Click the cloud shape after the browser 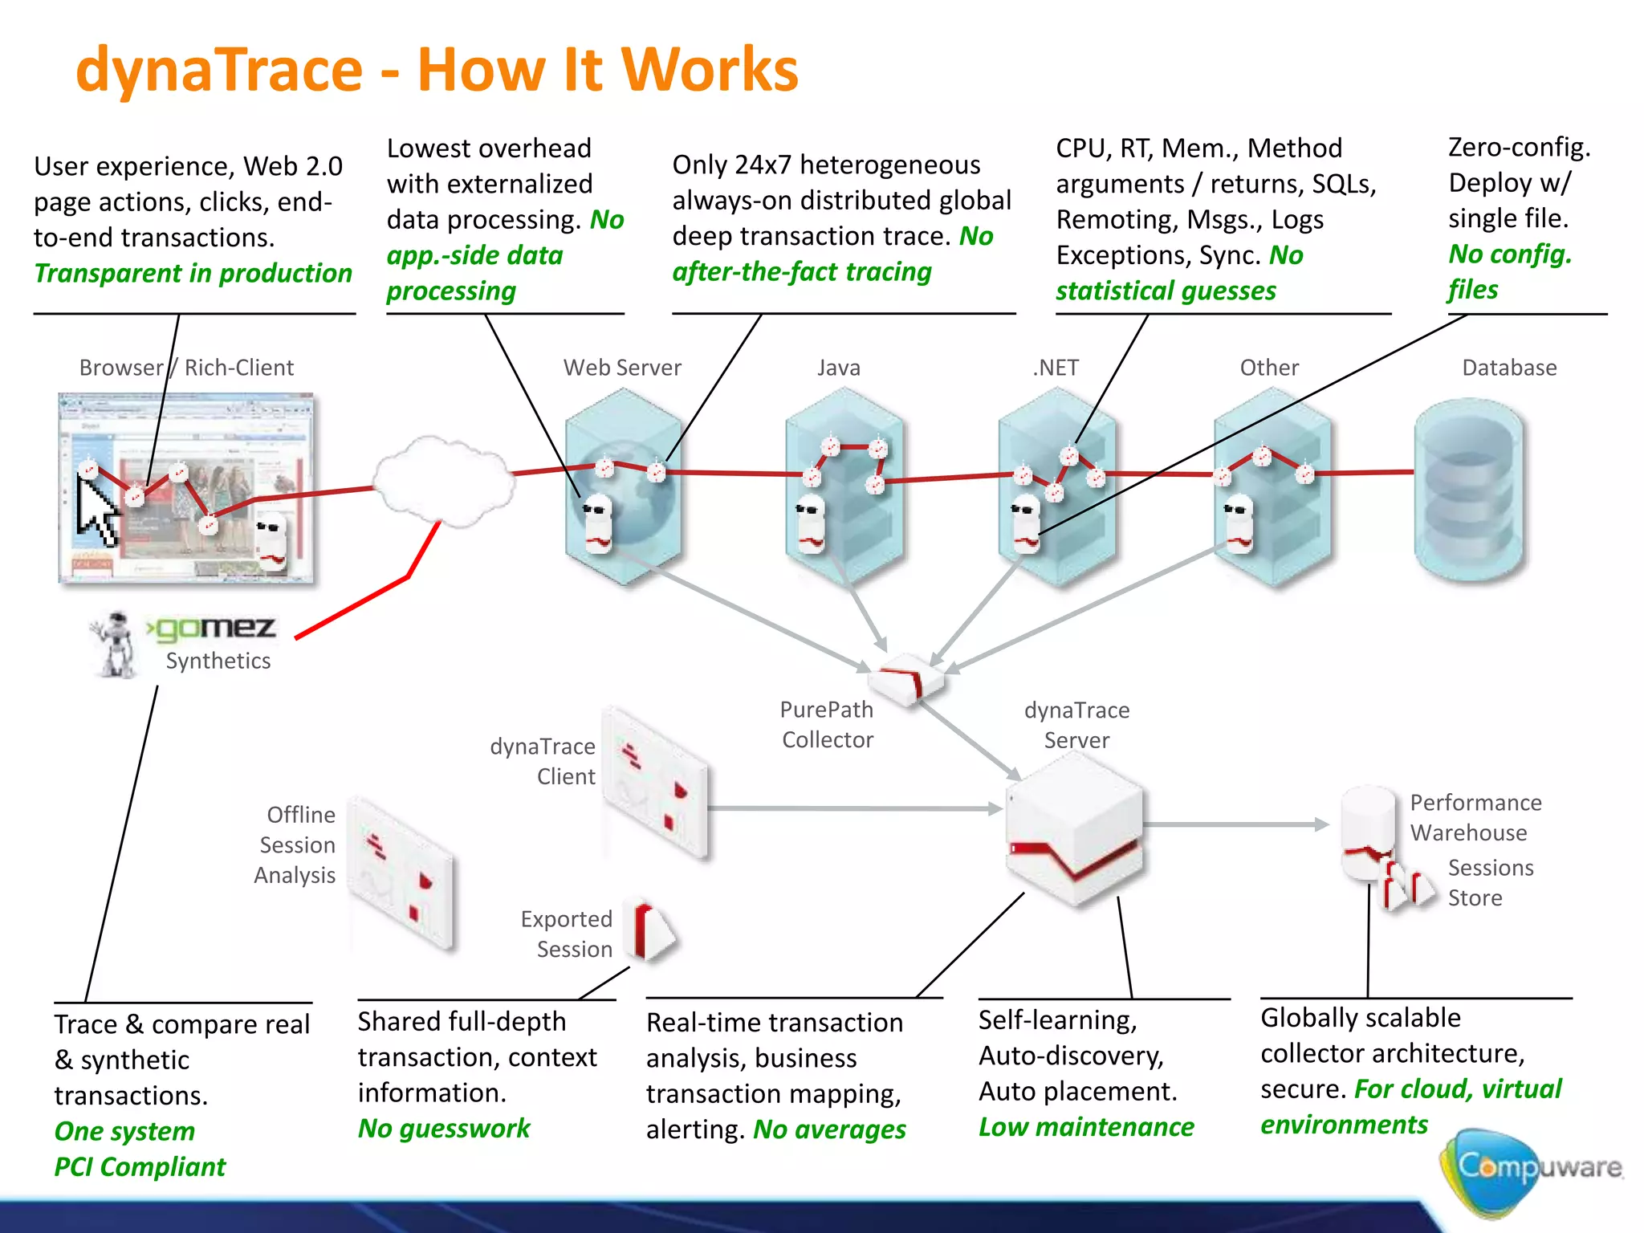(444, 482)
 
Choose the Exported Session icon (653, 931)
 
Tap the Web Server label (621, 368)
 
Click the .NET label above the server (1056, 368)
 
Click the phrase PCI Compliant (140, 1166)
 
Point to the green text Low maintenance (1085, 1127)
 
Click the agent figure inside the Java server (810, 526)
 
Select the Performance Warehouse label (1475, 817)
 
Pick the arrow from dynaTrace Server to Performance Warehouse (1236, 824)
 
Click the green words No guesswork (444, 1129)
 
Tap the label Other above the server (1268, 368)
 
